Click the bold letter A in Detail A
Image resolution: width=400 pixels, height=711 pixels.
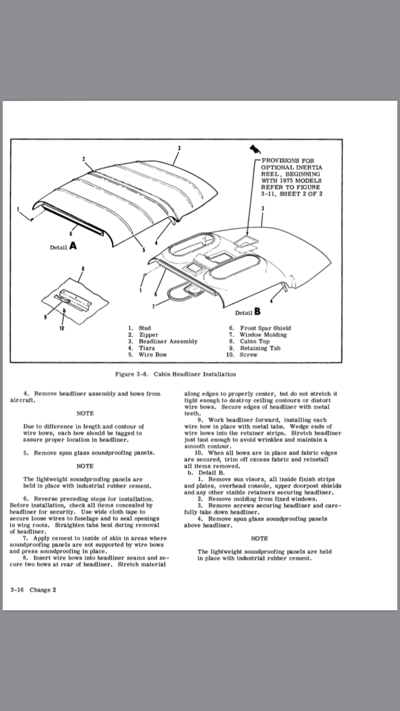tap(72, 246)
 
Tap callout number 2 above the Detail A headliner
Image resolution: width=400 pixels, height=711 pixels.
tap(84, 159)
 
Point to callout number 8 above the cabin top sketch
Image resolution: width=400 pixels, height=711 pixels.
tap(83, 269)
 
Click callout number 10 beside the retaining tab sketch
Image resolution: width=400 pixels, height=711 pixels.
tap(62, 328)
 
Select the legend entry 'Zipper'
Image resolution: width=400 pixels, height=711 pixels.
tap(148, 335)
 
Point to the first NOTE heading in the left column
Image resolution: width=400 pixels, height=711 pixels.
tap(85, 413)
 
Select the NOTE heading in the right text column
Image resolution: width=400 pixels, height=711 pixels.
tap(259, 539)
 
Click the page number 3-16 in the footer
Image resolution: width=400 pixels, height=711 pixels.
tap(18, 590)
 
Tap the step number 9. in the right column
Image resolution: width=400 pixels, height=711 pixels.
tap(200, 419)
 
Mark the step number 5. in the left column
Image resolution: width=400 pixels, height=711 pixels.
tap(26, 453)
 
